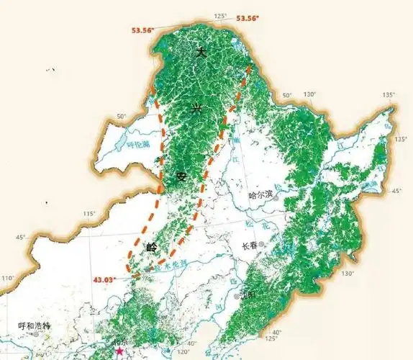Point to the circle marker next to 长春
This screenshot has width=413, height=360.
263,246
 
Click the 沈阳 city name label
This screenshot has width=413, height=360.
247,295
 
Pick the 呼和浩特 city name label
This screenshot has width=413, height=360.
35,326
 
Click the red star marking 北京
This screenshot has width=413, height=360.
119,351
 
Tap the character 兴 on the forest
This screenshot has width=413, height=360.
196,109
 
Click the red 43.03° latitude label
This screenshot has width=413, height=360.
104,279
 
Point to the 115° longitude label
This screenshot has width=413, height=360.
89,214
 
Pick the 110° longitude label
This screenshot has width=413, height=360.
7,279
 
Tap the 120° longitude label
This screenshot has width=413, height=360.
183,352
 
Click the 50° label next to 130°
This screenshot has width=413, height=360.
286,96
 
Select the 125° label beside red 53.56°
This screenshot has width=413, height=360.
220,16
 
